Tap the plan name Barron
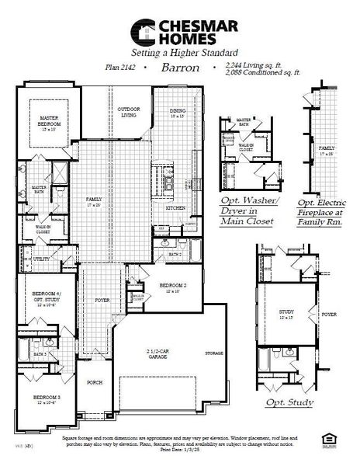pyautogui.click(x=181, y=68)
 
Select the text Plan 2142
pyautogui.click(x=120, y=68)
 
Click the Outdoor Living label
pyautogui.click(x=128, y=113)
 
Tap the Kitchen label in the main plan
pyautogui.click(x=175, y=207)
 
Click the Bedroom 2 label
pyautogui.click(x=172, y=287)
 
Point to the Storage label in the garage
pyautogui.click(x=215, y=353)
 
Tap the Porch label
pyautogui.click(x=95, y=383)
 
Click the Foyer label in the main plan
pyautogui.click(x=102, y=299)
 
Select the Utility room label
pyautogui.click(x=42, y=259)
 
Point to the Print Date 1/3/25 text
pyautogui.click(x=181, y=450)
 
